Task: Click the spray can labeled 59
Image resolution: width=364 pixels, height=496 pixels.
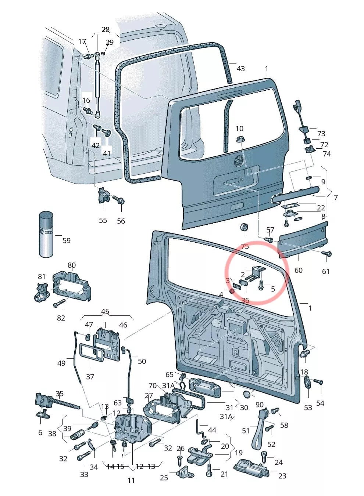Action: point(46,234)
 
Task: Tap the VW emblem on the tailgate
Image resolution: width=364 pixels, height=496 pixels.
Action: point(239,160)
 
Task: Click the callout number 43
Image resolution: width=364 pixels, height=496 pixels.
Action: point(241,69)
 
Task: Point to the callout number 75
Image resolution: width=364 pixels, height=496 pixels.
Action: point(245,246)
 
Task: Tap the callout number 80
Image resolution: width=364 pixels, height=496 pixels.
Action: point(71,265)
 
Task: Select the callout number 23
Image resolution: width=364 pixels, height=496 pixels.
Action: point(282,476)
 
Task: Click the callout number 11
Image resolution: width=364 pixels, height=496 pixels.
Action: point(131,480)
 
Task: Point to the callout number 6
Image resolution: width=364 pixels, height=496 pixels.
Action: point(40,432)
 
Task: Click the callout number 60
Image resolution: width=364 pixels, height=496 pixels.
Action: point(298,270)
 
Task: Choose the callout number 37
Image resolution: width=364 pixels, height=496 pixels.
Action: point(90,376)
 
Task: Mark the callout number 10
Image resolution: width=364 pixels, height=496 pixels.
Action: point(239,128)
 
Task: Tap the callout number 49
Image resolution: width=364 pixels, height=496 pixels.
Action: point(61,363)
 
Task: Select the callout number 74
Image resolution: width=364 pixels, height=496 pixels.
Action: point(327,154)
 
